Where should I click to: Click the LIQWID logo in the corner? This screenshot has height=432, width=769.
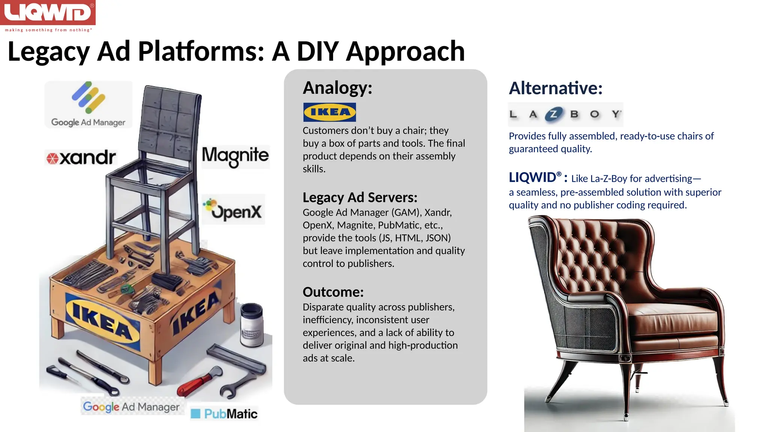pyautogui.click(x=48, y=13)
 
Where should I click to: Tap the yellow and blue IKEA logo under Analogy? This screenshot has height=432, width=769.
pyautogui.click(x=329, y=112)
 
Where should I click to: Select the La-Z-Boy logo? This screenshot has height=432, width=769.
pyautogui.click(x=565, y=114)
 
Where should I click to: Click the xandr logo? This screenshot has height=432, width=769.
pyautogui.click(x=81, y=157)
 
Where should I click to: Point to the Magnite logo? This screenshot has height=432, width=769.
pyautogui.click(x=235, y=156)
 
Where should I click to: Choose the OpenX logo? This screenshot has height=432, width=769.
pyautogui.click(x=233, y=209)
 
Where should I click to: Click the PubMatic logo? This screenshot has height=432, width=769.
pyautogui.click(x=225, y=414)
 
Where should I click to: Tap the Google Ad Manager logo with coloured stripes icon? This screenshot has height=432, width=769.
pyautogui.click(x=89, y=105)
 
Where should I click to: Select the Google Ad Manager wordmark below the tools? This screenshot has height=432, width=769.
pyautogui.click(x=131, y=406)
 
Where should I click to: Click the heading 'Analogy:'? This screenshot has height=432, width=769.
pyautogui.click(x=337, y=88)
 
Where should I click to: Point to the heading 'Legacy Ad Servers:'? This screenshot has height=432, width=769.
pyautogui.click(x=360, y=197)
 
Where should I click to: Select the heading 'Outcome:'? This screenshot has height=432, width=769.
pyautogui.click(x=333, y=292)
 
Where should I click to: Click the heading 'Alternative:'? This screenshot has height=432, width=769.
pyautogui.click(x=555, y=88)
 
